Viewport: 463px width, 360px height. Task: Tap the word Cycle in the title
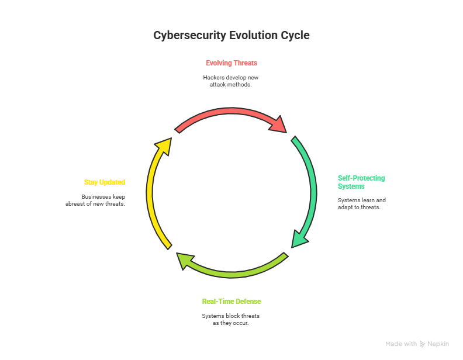[295, 36]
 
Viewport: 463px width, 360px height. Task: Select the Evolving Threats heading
[231, 63]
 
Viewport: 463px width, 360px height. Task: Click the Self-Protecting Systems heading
[361, 182]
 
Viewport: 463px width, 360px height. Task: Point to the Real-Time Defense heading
[231, 302]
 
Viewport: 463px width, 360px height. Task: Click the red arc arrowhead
[280, 125]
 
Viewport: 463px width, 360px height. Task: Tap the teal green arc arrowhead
[300, 238]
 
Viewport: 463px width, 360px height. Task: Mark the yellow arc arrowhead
[164, 146]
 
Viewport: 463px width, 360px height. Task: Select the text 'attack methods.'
[231, 85]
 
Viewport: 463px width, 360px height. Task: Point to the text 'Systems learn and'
[361, 200]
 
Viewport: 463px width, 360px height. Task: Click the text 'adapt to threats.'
[359, 207]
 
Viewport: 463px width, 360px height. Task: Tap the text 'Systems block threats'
[231, 316]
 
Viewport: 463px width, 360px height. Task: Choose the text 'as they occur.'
[231, 323]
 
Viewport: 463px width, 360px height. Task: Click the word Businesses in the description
[95, 196]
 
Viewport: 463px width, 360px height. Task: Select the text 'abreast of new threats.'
[95, 204]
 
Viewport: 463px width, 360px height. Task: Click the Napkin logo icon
[423, 344]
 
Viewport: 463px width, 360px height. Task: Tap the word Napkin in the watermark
[438, 344]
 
